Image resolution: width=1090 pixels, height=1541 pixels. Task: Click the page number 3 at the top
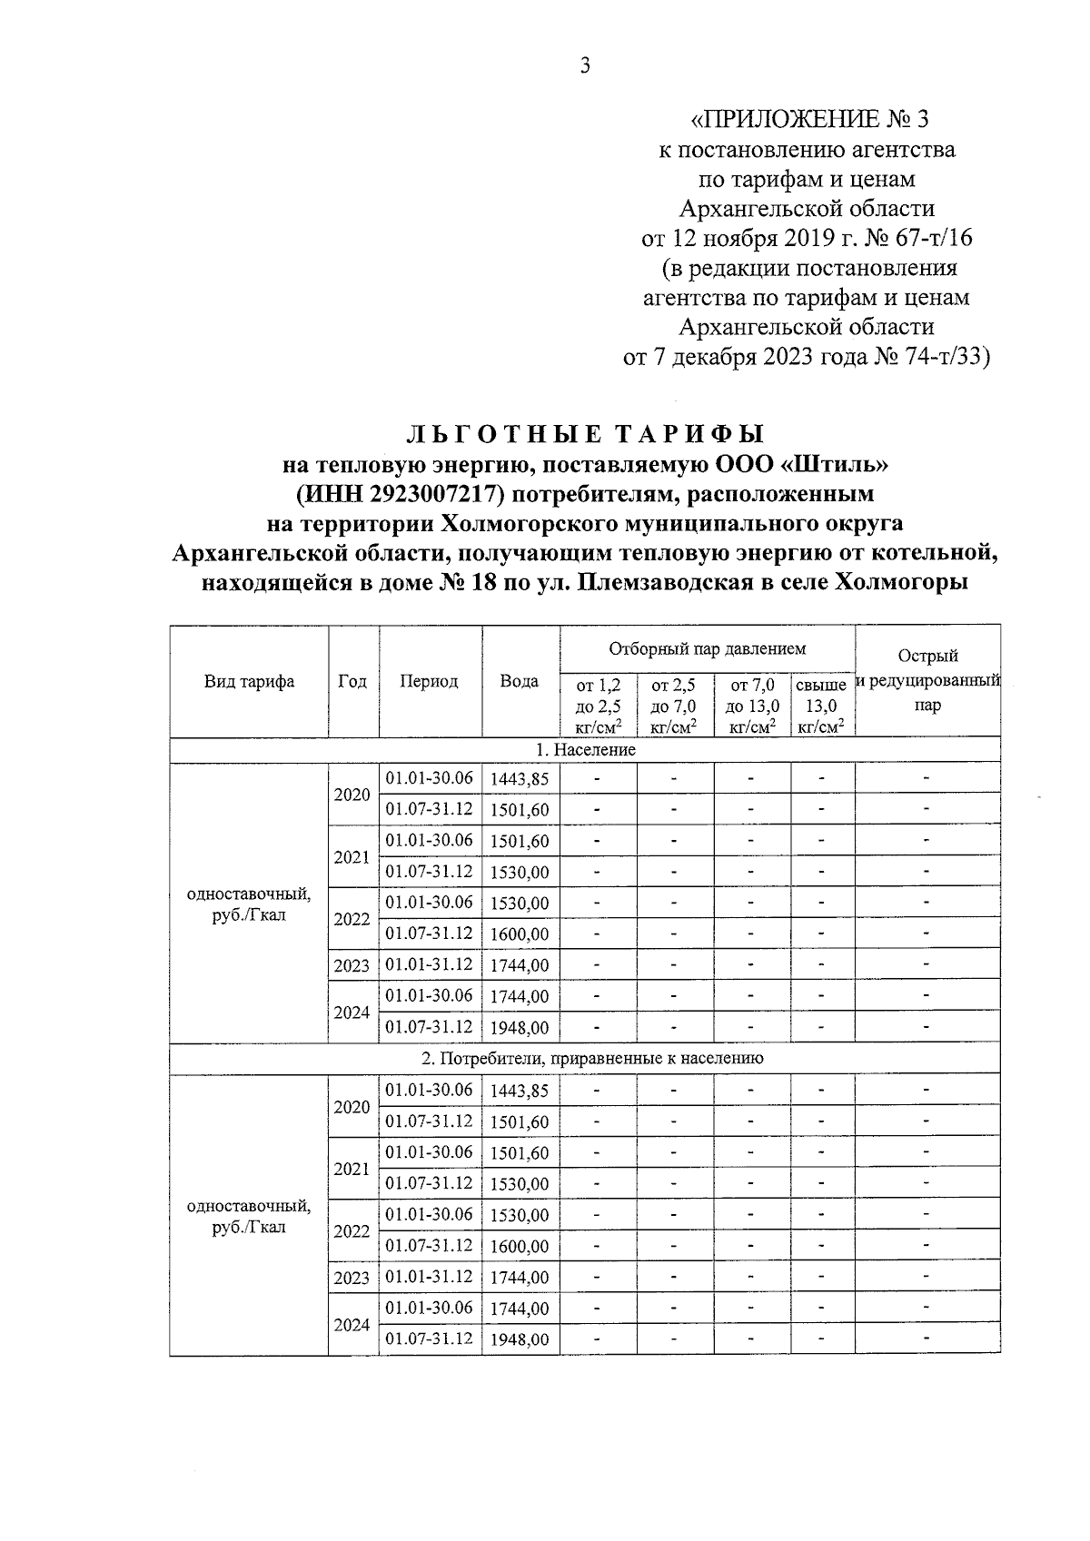point(585,65)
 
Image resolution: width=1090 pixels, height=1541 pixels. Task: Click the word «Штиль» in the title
point(834,465)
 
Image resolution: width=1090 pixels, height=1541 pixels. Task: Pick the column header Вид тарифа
point(249,681)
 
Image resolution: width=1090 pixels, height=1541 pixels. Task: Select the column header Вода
point(520,681)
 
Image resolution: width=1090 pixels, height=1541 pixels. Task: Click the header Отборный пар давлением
point(707,648)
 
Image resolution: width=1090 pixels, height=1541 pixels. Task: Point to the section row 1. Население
point(585,750)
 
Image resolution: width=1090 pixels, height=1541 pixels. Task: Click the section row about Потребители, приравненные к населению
point(585,1058)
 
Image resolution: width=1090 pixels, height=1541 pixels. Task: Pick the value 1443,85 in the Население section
point(520,778)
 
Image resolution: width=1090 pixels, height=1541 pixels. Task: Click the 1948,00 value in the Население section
point(520,1028)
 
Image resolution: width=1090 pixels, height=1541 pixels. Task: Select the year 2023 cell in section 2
point(352,1278)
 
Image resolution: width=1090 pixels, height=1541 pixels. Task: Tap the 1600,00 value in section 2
point(520,1247)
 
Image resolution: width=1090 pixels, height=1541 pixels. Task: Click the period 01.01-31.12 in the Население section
point(430,964)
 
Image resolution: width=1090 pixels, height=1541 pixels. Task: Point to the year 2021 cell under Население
point(352,856)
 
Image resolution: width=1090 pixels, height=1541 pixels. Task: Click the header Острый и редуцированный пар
point(927,680)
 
